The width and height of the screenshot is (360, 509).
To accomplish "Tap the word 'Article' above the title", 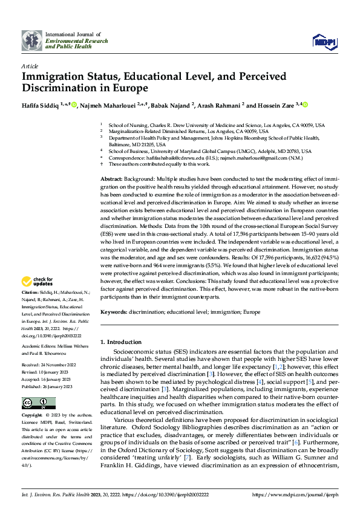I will [x=30, y=66].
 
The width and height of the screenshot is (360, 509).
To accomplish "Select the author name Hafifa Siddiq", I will [x=41, y=105].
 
